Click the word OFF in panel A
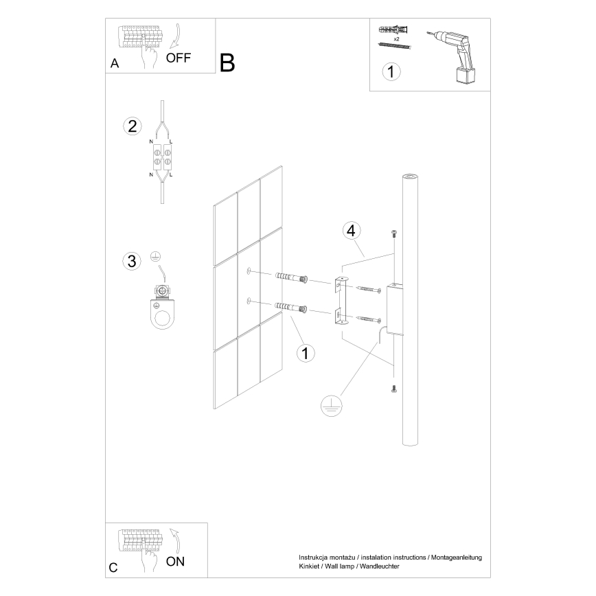[x=178, y=58]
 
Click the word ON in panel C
[x=176, y=561]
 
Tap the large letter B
[x=227, y=62]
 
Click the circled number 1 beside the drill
[x=391, y=71]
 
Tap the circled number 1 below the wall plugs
[x=305, y=353]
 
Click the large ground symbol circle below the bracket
[x=331, y=407]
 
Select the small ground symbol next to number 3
[x=156, y=257]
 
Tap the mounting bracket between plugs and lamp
[x=341, y=299]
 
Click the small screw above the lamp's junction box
[x=394, y=233]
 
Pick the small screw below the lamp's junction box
[x=394, y=389]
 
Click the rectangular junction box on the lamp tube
[x=396, y=309]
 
